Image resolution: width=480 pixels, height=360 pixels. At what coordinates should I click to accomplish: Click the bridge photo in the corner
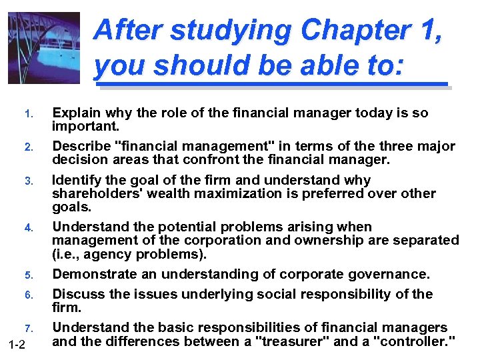point(43,47)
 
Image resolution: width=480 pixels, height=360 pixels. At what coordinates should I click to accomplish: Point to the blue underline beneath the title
point(272,85)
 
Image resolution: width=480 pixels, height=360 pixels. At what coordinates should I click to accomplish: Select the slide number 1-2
point(17,344)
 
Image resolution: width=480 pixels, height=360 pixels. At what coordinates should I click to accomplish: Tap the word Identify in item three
point(77,180)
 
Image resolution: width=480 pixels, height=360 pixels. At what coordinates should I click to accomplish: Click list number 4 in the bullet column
point(29,228)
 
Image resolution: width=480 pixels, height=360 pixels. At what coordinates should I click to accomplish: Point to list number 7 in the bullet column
point(29,328)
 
